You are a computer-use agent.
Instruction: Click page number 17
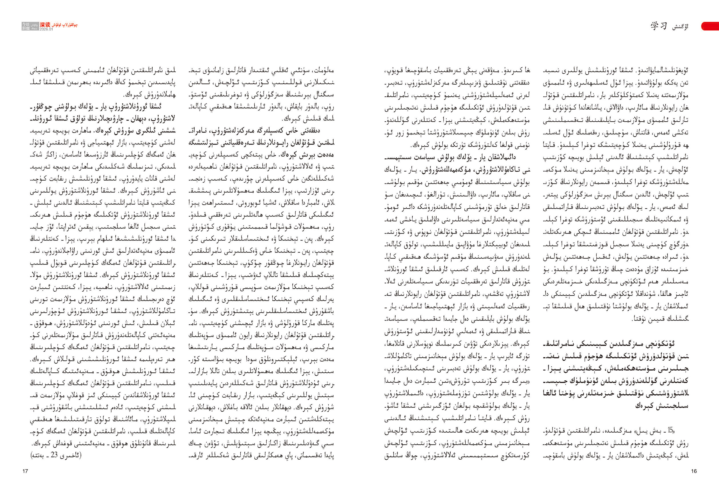(25, 471)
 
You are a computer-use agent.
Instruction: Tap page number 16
(694, 471)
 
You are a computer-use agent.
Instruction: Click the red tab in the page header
(710, 26)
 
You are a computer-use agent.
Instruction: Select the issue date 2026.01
(46, 29)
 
